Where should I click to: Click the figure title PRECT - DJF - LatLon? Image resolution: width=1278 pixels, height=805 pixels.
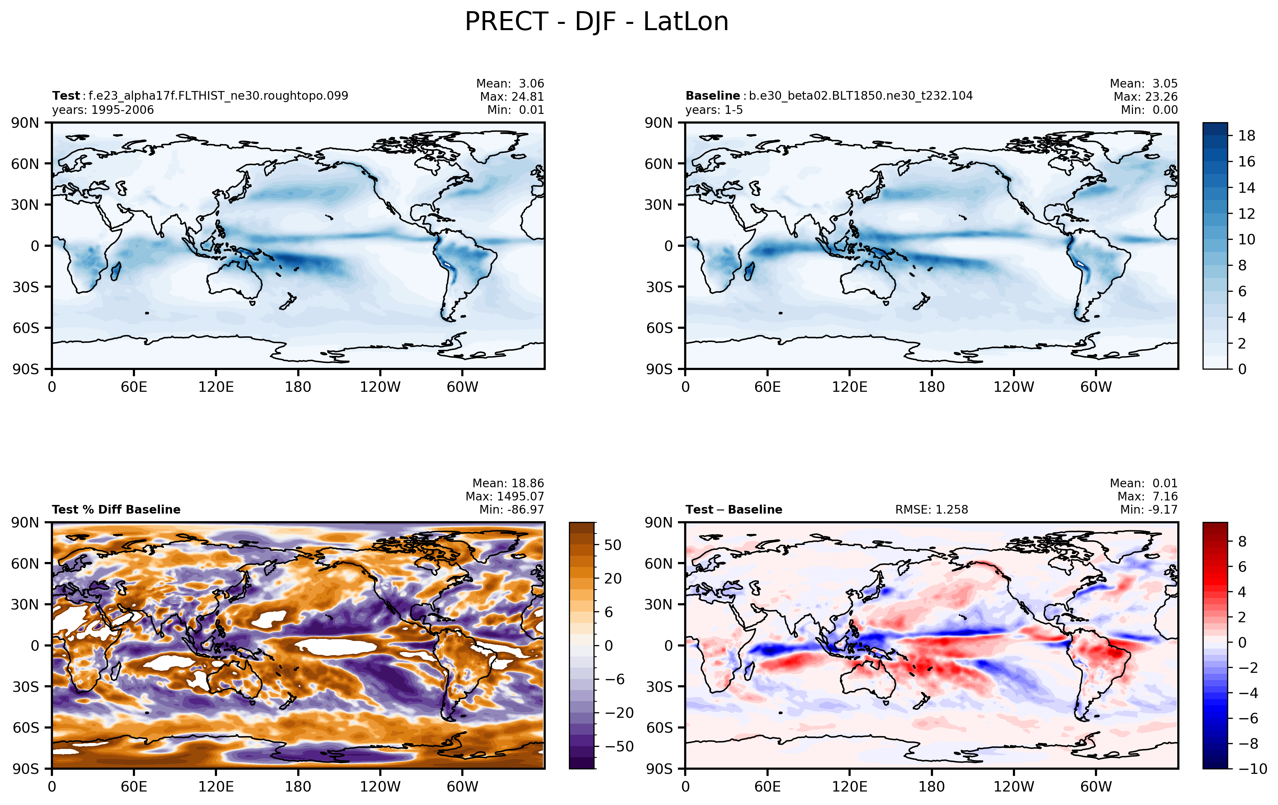pyautogui.click(x=597, y=22)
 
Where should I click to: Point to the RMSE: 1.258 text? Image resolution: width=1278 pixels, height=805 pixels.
pyautogui.click(x=932, y=509)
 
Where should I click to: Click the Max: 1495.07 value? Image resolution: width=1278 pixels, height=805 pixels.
pyautogui.click(x=505, y=496)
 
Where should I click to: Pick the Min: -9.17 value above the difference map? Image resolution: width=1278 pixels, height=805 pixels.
pyautogui.click(x=1149, y=509)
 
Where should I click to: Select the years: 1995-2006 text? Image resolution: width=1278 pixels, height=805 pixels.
pyautogui.click(x=103, y=110)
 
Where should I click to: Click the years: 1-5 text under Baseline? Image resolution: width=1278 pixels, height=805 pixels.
pyautogui.click(x=714, y=110)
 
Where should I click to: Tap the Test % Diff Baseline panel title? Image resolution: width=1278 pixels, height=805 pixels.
pyautogui.click(x=116, y=509)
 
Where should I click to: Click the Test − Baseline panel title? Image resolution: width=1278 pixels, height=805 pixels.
pyautogui.click(x=734, y=509)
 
